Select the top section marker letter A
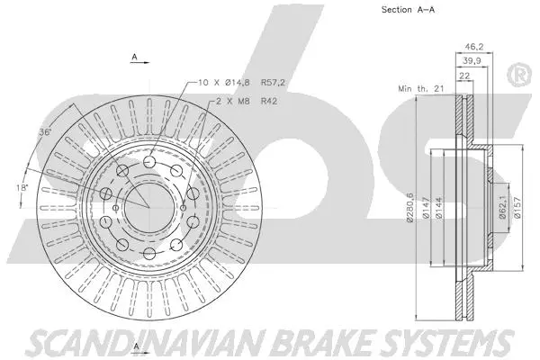[134, 57]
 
